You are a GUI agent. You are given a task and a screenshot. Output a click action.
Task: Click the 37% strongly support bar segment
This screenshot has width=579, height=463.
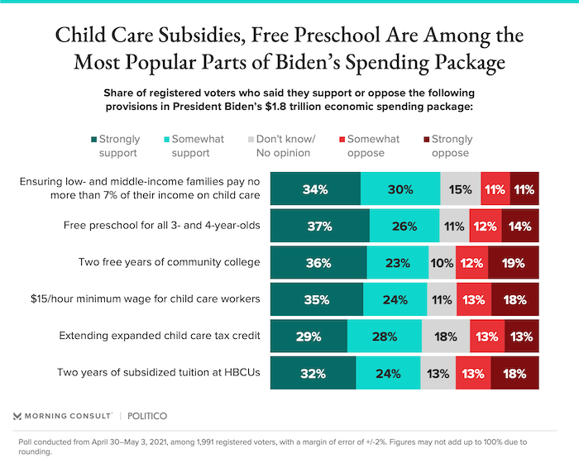[x=320, y=226]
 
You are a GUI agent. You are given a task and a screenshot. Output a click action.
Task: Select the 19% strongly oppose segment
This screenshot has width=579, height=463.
[x=514, y=263]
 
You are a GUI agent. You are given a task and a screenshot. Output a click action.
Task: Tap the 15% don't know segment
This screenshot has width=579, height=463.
[x=461, y=189]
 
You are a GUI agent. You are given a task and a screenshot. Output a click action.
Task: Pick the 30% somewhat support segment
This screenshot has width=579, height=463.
[x=400, y=189]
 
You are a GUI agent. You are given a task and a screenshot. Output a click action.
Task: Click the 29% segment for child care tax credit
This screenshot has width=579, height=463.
[x=309, y=336]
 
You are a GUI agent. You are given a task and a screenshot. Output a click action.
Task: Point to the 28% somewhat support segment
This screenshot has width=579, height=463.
[x=385, y=336]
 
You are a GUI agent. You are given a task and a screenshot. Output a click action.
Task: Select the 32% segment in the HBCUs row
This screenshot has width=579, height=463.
[x=313, y=373]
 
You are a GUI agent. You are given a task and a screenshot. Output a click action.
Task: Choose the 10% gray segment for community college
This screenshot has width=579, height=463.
[x=442, y=263]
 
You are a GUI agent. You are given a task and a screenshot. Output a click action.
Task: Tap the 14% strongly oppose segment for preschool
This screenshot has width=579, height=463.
[x=520, y=226]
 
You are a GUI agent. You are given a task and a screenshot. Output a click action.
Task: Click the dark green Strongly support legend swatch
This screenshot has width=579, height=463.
[x=94, y=140]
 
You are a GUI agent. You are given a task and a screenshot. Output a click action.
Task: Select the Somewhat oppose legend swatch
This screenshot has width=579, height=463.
[x=342, y=140]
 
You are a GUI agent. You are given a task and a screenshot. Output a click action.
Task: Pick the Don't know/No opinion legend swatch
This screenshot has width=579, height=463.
[x=251, y=140]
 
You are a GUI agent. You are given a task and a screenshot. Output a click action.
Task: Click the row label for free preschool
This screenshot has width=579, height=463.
[x=162, y=225]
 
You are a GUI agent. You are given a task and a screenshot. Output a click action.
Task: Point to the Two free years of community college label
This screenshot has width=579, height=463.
[x=169, y=262]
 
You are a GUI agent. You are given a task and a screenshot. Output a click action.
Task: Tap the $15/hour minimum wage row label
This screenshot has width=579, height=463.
[x=146, y=298]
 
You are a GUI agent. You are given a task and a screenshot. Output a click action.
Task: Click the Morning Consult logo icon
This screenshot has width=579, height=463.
[x=17, y=416]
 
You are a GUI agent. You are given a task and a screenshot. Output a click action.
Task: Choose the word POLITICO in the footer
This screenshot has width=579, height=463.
[x=147, y=416]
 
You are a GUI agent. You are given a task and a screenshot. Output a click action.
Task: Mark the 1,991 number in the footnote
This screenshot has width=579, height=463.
[x=208, y=442]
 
